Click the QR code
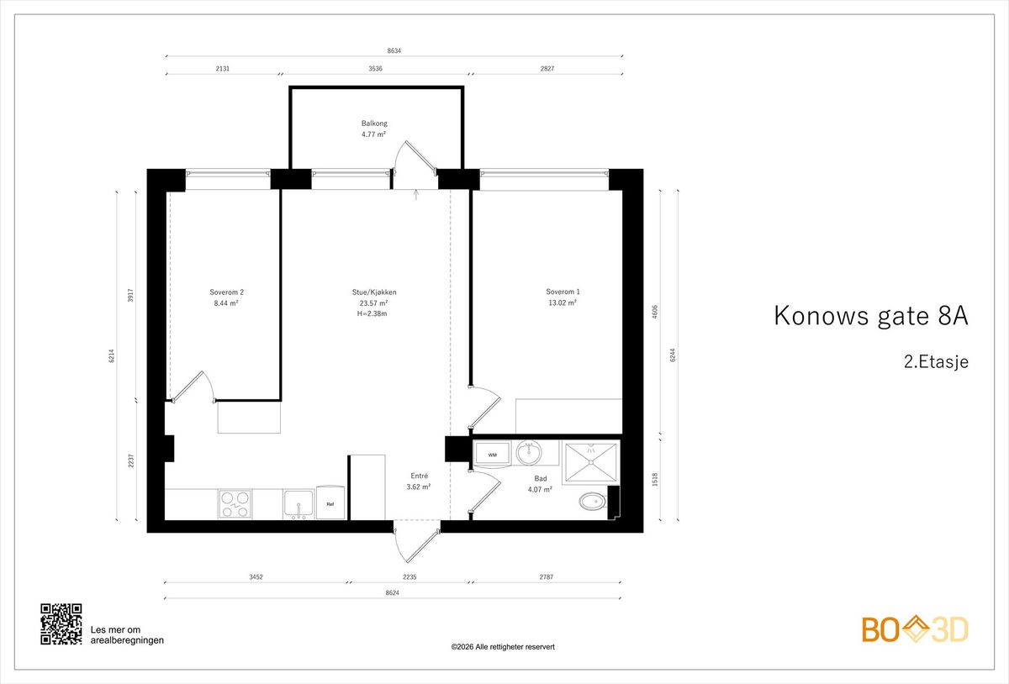click(x=61, y=624)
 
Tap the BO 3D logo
click(x=915, y=629)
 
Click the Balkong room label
click(x=374, y=123)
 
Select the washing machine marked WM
click(x=493, y=453)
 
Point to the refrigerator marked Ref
click(x=330, y=502)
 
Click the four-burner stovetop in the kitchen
click(x=235, y=504)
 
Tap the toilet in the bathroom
click(x=594, y=502)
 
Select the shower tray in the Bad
click(x=591, y=462)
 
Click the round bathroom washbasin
click(x=529, y=453)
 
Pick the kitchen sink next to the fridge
click(x=298, y=504)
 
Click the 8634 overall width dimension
click(x=394, y=51)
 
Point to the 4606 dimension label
click(x=655, y=312)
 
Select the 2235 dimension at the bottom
click(x=409, y=576)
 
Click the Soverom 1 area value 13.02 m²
click(x=563, y=303)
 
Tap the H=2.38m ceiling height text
click(x=372, y=314)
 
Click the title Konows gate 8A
click(x=871, y=316)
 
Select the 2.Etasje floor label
click(x=936, y=362)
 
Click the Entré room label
click(x=420, y=476)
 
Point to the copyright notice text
click(x=503, y=647)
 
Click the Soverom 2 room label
click(x=226, y=292)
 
